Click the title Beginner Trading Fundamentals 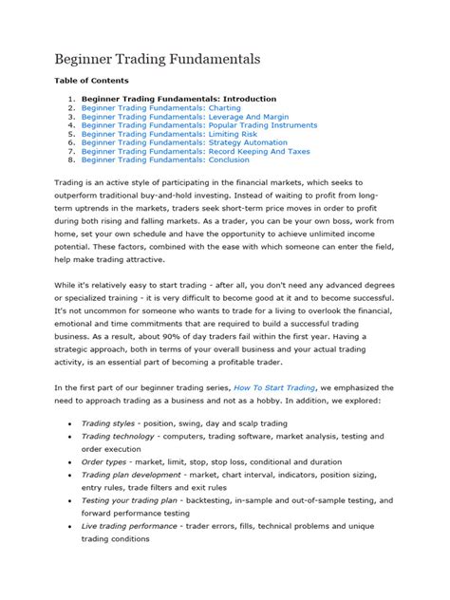point(159,59)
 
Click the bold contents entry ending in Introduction point(178,99)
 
